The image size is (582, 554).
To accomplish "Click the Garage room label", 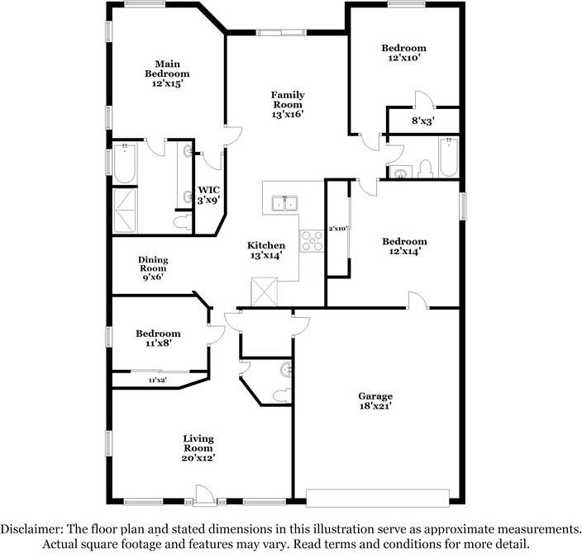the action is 375,401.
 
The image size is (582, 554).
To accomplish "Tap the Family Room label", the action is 288,105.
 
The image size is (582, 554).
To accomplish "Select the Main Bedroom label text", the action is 167,73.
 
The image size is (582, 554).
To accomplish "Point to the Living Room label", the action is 198,448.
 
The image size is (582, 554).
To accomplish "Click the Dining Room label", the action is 153,268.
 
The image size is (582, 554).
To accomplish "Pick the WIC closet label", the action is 208,196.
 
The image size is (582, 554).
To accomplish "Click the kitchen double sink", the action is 284,203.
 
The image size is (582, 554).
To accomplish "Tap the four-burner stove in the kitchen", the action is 312,241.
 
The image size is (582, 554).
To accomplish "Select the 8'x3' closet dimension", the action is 423,121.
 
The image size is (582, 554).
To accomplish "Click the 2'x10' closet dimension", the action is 337,229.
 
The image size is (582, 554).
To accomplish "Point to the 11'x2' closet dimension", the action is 158,380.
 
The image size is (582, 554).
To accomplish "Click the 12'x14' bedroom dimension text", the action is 404,252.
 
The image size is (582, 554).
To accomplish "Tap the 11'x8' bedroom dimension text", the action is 159,343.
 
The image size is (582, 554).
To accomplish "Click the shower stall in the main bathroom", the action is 125,211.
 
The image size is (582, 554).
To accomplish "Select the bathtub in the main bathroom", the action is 125,163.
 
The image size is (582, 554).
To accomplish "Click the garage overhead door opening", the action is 378,498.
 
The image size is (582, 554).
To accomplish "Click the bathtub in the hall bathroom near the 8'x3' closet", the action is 449,157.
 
